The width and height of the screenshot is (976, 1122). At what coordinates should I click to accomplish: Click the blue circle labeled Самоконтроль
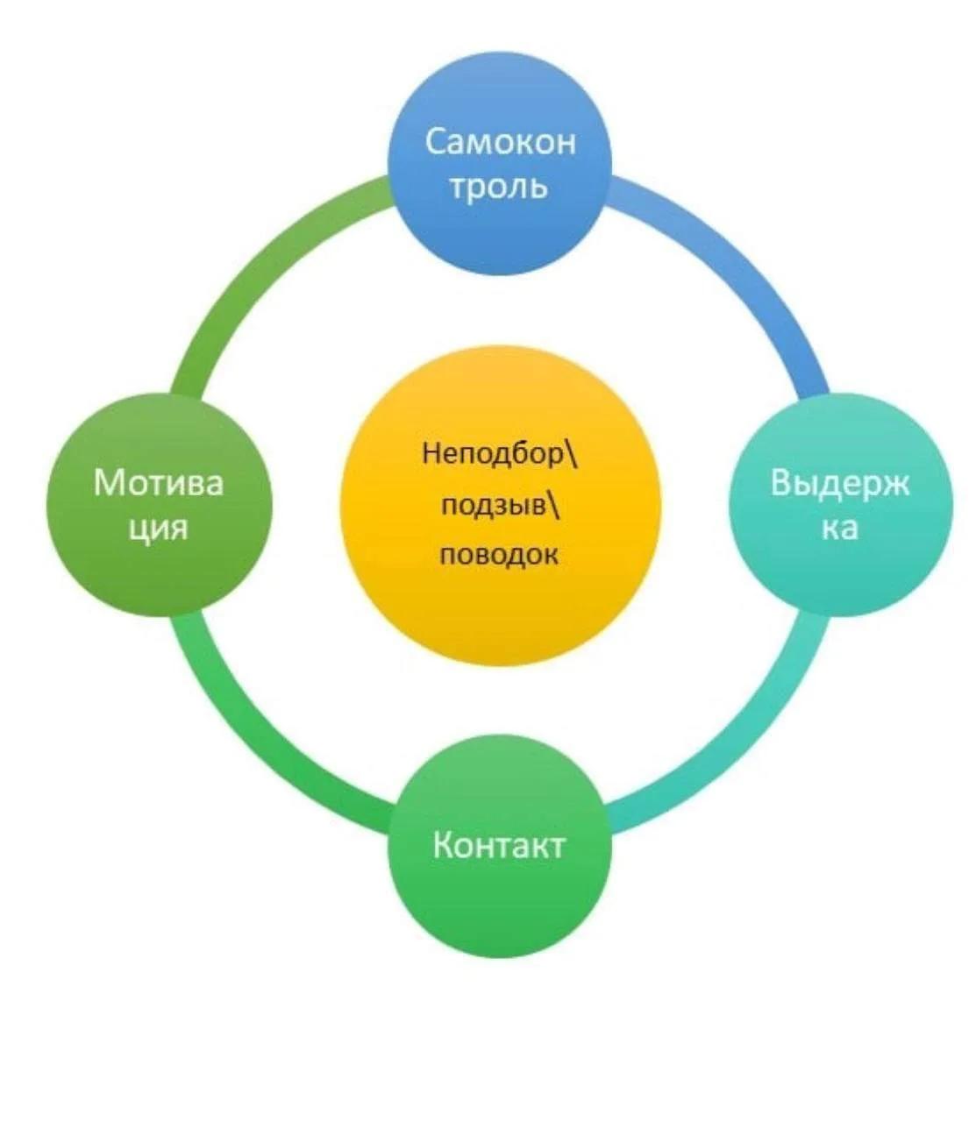(499, 163)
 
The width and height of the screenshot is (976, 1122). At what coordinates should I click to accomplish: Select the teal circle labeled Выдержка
(840, 504)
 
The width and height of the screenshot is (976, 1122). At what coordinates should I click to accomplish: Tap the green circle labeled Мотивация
(159, 504)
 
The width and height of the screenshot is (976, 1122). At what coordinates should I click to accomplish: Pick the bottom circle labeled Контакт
(499, 845)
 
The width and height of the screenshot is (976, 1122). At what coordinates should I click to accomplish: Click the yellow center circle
(500, 505)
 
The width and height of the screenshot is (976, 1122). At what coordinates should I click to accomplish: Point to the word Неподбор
(493, 455)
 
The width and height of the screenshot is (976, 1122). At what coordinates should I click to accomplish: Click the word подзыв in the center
(494, 505)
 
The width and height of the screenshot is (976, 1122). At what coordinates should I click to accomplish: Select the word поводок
(499, 554)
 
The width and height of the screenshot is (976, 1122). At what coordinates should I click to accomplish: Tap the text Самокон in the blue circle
(501, 141)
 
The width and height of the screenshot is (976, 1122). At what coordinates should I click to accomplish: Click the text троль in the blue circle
(499, 187)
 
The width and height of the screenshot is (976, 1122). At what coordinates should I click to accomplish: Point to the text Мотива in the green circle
(159, 483)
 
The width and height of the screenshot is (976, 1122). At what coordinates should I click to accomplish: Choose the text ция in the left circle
(158, 528)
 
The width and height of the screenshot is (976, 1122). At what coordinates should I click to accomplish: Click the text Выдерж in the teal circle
(840, 483)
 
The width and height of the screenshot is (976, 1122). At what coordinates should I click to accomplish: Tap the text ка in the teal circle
(840, 528)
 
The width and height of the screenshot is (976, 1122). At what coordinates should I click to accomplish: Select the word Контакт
(499, 845)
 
